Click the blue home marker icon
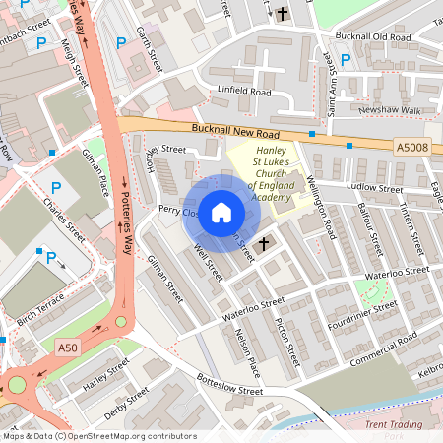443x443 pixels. tap(222, 212)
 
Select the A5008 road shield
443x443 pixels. tap(412, 147)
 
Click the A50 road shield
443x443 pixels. tap(67, 348)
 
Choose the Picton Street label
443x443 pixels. tap(288, 336)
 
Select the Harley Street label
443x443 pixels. tap(106, 374)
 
